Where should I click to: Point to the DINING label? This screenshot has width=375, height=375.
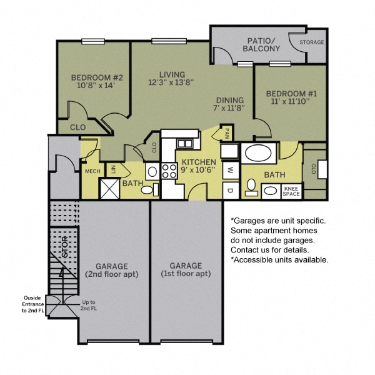click(x=230, y=100)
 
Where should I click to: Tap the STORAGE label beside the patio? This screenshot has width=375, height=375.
click(x=312, y=42)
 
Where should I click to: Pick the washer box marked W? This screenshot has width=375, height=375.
click(x=229, y=169)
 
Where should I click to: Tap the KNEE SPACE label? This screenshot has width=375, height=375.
click(x=291, y=191)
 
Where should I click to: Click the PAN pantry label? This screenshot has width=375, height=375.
click(x=227, y=133)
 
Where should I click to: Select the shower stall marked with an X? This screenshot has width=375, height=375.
click(x=110, y=188)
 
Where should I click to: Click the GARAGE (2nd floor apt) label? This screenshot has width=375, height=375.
click(x=112, y=270)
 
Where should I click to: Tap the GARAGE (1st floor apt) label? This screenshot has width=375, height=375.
click(x=185, y=270)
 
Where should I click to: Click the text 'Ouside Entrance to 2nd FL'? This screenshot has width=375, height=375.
click(x=33, y=304)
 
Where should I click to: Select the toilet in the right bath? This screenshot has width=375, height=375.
click(x=252, y=186)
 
